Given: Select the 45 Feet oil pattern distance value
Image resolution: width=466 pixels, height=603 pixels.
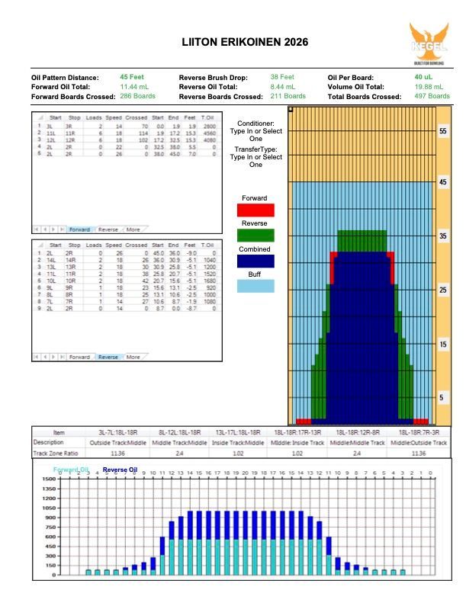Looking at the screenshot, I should (132, 77).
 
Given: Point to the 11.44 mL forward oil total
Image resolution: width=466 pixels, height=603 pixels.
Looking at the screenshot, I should (134, 87).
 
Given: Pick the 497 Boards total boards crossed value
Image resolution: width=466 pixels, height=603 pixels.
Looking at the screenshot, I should (432, 97).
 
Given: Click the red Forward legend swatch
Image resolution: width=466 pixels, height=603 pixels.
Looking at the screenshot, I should (255, 210).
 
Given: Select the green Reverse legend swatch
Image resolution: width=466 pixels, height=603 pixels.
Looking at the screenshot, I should (255, 236).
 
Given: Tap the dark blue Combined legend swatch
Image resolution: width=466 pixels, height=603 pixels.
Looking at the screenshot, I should (255, 261).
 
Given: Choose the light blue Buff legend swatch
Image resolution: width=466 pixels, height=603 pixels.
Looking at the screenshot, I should (255, 286).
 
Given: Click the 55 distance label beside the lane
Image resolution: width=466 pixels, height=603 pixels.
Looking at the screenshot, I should (442, 131).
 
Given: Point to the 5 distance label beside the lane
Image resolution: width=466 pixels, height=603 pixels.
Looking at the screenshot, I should (442, 398).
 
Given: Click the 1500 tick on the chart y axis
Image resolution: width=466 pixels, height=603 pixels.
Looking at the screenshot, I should (48, 479).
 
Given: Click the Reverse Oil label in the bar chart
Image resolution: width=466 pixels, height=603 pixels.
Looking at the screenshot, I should (121, 470).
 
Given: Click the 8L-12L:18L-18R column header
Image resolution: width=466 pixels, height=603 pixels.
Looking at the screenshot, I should (178, 432).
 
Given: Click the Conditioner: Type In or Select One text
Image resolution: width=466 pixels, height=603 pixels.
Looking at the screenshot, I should (255, 131).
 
